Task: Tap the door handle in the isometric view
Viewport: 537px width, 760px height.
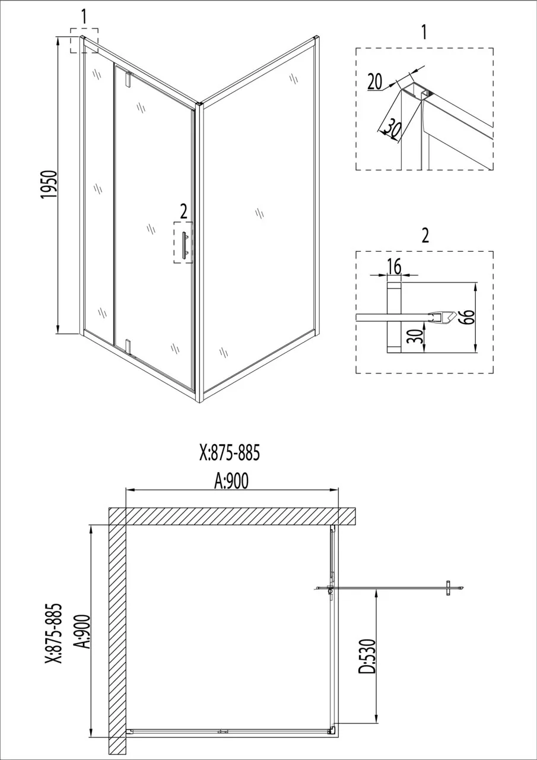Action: point(185,246)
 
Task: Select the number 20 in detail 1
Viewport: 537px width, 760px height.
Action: point(375,81)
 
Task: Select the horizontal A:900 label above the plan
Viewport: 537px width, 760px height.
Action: point(232,481)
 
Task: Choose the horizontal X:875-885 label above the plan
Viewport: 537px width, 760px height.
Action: point(230,453)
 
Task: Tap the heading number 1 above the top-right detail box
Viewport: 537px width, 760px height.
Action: point(424,33)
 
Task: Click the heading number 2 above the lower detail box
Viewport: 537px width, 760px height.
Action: point(425,235)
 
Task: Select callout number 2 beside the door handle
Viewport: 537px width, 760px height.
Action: point(183,212)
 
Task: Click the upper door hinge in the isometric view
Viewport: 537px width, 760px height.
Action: point(128,79)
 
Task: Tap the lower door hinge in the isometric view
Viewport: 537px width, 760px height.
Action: point(128,346)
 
